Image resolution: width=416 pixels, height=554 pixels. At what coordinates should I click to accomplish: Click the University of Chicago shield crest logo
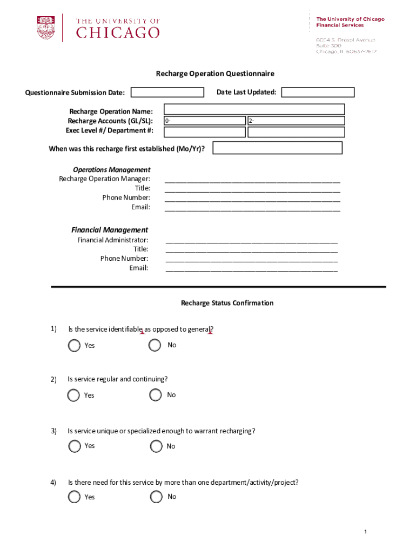point(46,27)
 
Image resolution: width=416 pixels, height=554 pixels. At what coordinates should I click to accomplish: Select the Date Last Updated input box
point(318,93)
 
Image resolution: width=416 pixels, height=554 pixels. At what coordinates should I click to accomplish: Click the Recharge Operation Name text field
point(254,109)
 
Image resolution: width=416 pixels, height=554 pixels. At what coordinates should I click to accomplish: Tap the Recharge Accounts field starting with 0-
point(204,121)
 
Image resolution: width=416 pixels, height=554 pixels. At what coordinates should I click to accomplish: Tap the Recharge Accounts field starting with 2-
point(296,121)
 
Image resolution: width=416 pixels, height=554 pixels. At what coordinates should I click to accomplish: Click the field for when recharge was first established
point(277,148)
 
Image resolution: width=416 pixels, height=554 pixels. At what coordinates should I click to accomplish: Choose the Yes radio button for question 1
point(74,345)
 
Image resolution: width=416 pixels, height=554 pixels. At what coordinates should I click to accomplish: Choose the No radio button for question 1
point(155,345)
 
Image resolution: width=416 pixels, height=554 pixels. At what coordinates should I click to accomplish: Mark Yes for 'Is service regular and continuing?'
point(73,395)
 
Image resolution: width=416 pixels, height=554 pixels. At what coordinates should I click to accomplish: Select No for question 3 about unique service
point(156,446)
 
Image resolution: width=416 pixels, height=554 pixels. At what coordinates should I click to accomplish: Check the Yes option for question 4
point(74,497)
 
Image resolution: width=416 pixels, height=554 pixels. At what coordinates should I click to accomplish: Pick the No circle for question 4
point(156,497)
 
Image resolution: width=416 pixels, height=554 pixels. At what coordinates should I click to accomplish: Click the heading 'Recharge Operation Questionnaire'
point(215,74)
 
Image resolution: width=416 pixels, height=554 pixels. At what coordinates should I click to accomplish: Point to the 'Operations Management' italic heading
point(112,169)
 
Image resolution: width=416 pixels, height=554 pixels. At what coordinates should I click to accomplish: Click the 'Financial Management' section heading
point(110,230)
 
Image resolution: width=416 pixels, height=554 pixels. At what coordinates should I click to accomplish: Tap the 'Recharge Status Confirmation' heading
point(227,303)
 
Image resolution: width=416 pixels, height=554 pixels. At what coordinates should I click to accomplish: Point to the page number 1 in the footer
point(366,532)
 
